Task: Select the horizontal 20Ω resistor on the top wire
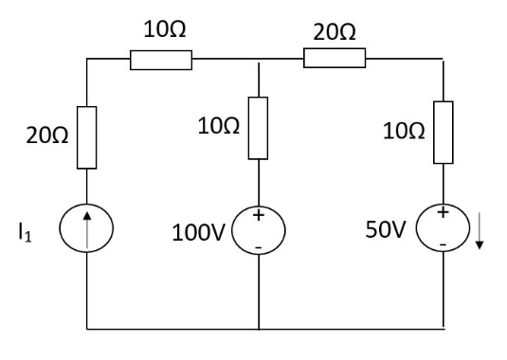[x=335, y=60]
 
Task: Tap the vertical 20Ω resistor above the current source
[x=87, y=138]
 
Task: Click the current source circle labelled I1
[x=88, y=230]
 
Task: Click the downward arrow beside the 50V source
[x=480, y=233]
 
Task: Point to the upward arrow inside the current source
[x=88, y=230]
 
